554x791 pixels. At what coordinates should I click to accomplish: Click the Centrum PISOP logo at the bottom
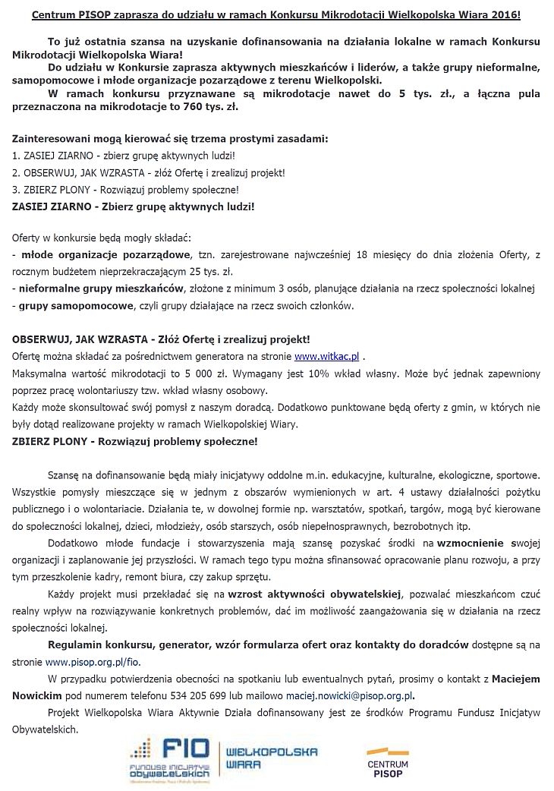point(387,762)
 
